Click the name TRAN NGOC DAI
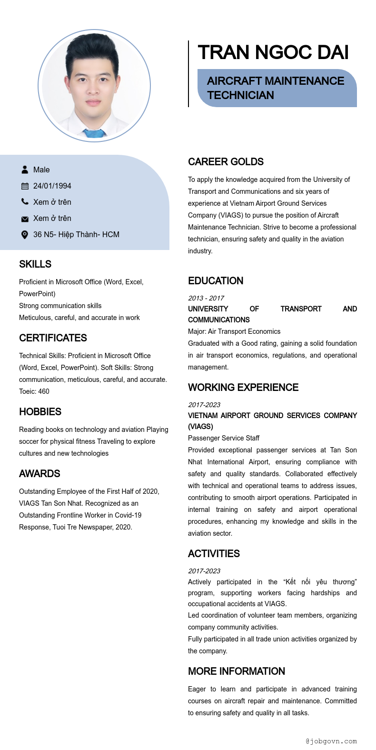point(273,52)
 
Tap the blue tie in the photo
point(94,133)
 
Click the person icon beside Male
point(25,170)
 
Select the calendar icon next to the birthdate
point(25,186)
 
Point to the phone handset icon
point(25,202)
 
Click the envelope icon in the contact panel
point(25,219)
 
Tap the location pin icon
point(25,234)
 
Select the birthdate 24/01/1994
point(52,186)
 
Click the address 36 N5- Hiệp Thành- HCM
point(76,234)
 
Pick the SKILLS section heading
point(35,264)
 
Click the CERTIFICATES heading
point(53,338)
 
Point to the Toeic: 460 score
point(34,391)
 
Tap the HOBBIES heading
point(40,412)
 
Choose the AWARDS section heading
point(40,474)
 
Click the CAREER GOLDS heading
point(226,162)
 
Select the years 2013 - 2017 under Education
point(206,298)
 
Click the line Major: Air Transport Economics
point(234,331)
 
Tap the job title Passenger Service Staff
point(224,438)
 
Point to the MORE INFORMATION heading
point(237,671)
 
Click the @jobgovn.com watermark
point(331,741)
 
